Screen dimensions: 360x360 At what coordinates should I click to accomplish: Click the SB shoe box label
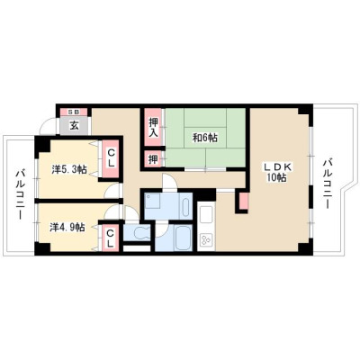coord(74,112)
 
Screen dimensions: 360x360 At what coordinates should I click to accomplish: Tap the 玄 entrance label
coord(74,125)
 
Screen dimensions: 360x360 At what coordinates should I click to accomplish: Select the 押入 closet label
coord(153,127)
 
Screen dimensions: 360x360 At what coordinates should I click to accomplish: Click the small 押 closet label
coord(153,159)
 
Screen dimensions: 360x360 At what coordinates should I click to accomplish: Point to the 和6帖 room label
coord(205,138)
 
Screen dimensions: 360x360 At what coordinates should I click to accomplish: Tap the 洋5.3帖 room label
coord(69,169)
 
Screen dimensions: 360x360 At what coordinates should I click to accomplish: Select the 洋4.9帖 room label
coord(67,228)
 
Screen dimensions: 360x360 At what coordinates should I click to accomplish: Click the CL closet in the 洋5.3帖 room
coord(111,158)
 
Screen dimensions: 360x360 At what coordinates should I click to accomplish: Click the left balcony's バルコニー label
coord(20,194)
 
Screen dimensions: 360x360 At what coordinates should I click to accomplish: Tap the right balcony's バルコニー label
coord(327,184)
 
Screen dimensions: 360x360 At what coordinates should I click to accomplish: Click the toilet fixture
coord(139,232)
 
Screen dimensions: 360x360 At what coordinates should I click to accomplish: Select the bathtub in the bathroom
coord(184,238)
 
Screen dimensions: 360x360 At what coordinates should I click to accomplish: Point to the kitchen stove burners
coord(207,239)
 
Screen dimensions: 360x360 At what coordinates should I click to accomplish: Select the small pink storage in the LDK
coord(244,201)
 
